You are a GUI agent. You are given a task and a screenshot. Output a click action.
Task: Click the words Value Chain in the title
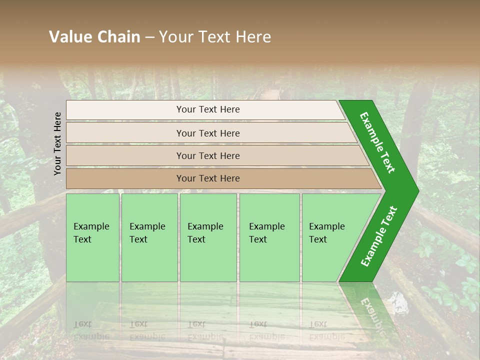[94, 37]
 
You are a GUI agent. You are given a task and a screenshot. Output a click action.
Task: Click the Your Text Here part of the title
[215, 37]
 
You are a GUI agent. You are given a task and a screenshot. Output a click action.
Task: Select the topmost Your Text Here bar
[208, 109]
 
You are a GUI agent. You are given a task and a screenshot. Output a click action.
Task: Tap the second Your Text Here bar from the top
[208, 133]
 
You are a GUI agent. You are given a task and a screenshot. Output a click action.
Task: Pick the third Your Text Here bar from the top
[208, 155]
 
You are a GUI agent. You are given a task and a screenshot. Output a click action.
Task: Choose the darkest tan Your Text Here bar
[208, 178]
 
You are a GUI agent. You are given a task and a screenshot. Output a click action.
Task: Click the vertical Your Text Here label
[57, 143]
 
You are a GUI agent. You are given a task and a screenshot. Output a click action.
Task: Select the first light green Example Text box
[92, 237]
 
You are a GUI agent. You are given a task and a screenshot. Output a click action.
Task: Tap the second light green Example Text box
[149, 237]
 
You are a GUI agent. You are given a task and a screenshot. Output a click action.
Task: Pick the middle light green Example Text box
[208, 237]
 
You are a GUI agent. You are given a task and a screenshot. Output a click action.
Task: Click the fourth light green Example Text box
[269, 237]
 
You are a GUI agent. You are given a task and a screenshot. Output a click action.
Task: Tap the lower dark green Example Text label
[379, 236]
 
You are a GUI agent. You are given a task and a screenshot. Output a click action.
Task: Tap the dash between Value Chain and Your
[149, 37]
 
